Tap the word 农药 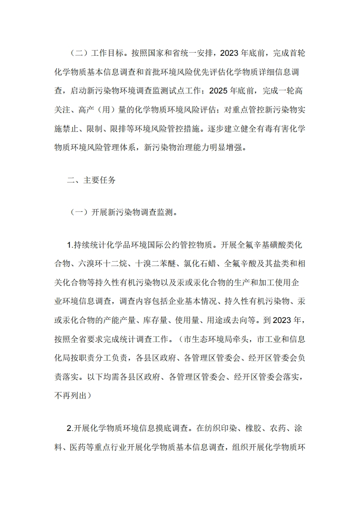click(x=270, y=428)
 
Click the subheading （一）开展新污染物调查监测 click(x=123, y=212)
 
